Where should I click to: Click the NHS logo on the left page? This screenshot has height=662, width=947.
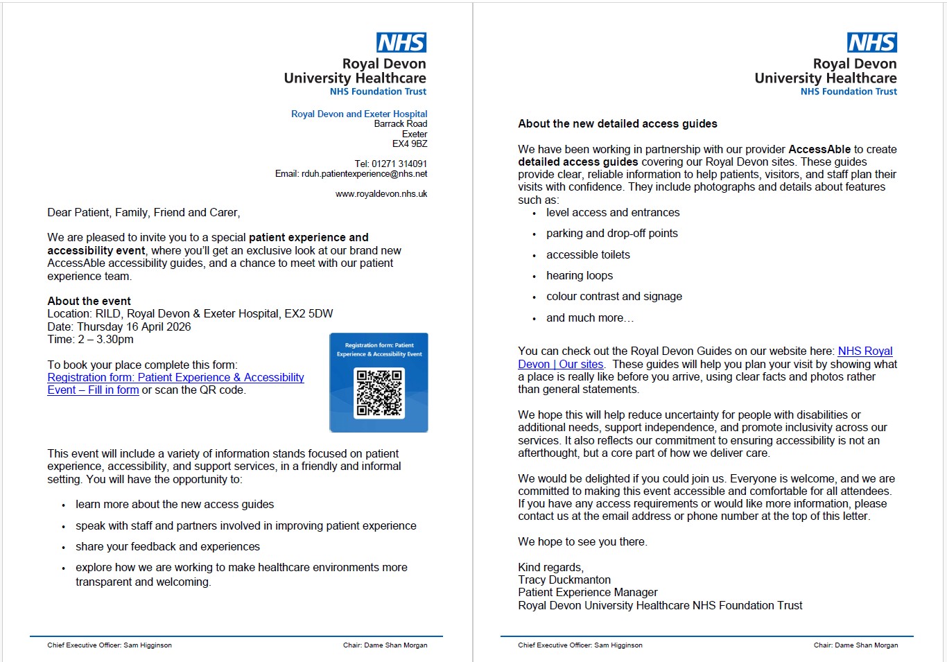click(401, 43)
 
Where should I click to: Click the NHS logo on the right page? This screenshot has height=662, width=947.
click(872, 43)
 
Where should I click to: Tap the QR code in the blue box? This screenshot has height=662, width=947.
click(379, 392)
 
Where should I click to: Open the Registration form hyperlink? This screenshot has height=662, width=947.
click(175, 378)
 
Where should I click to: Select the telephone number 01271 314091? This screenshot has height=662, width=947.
click(399, 164)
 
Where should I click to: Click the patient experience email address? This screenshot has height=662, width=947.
click(364, 174)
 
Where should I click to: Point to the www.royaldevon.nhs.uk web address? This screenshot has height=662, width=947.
click(381, 194)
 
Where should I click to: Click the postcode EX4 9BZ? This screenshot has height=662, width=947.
click(410, 144)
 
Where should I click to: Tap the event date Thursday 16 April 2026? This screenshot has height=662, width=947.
click(134, 327)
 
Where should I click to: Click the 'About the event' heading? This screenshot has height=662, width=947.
click(89, 302)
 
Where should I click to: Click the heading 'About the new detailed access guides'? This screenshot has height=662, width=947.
click(618, 124)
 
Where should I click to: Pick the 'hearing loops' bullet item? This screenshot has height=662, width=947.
click(580, 276)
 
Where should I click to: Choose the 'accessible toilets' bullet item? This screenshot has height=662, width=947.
click(588, 255)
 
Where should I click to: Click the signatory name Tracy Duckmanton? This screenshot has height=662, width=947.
click(564, 580)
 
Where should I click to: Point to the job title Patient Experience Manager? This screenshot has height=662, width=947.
click(588, 593)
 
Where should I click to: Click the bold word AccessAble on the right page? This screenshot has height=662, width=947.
click(819, 150)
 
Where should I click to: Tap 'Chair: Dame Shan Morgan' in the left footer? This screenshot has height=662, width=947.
click(385, 645)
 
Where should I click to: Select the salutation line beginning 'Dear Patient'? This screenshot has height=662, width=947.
click(144, 213)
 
